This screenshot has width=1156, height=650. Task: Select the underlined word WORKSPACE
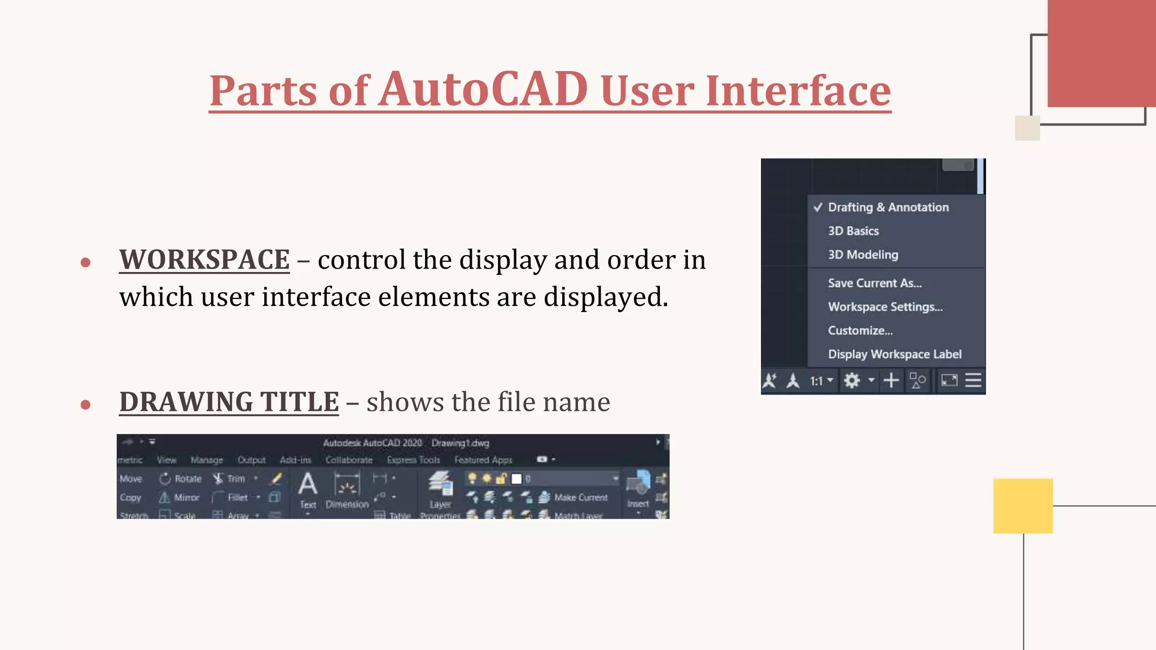pos(204,260)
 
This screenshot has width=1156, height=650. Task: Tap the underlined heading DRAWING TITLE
pos(229,402)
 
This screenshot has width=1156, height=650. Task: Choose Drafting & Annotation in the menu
pos(888,208)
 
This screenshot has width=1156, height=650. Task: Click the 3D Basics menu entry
pos(853,231)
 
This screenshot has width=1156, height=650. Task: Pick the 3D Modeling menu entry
pos(862,255)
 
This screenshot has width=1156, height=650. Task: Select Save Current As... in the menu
pos(874,283)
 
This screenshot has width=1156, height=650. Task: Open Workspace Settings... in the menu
pos(885,307)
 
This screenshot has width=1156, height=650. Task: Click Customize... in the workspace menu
pos(860,331)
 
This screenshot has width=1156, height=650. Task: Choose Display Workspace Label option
pos(894,354)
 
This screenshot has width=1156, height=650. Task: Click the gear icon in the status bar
pos(851,381)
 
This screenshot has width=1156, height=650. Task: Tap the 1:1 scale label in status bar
pos(816,381)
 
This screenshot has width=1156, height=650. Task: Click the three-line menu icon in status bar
pos(973,380)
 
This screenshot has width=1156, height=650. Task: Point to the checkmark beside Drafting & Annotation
pos(818,207)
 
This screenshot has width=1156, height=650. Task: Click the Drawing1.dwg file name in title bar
pos(460,443)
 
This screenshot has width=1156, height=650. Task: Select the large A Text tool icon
pos(308,485)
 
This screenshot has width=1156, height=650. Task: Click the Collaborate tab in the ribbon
pos(349,460)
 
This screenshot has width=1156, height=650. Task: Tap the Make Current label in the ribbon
pos(580,497)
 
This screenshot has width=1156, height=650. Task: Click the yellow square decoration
pos(1023,506)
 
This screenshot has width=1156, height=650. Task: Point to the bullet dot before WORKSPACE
pos(86,262)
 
